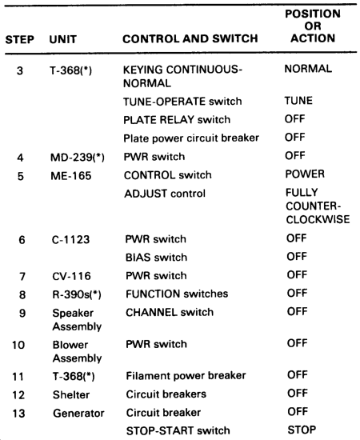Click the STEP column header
click(x=20, y=39)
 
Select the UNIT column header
click(x=63, y=39)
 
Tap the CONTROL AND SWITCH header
click(x=190, y=38)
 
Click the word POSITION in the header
click(x=313, y=14)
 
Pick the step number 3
click(x=20, y=70)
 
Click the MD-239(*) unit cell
click(x=78, y=157)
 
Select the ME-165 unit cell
click(x=71, y=176)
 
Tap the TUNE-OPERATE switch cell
click(x=182, y=102)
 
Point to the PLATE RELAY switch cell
click(x=177, y=120)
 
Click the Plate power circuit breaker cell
click(x=191, y=138)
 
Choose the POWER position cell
click(x=305, y=174)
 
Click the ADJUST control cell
click(x=165, y=194)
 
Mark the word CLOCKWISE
click(x=318, y=219)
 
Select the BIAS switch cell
click(x=156, y=258)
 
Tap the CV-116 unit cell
click(x=71, y=276)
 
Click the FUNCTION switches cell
click(x=177, y=294)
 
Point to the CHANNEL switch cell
click(x=170, y=312)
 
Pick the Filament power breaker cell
click(x=186, y=376)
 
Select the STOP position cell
click(x=302, y=430)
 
